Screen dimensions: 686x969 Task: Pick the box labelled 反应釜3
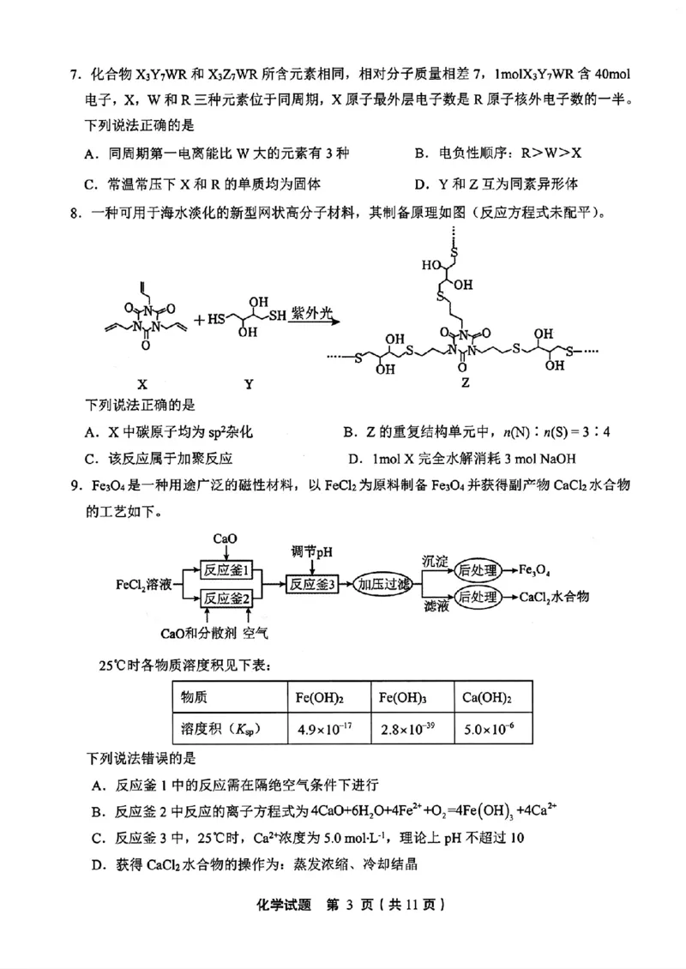[312, 583]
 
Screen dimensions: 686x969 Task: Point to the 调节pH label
[312, 551]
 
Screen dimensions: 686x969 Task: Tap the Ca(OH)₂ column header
[486, 697]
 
